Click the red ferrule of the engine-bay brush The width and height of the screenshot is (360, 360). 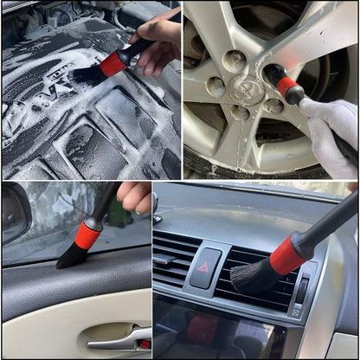[x=112, y=63]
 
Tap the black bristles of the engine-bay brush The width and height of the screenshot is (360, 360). [x=87, y=75]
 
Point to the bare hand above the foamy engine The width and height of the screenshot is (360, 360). [x=160, y=39]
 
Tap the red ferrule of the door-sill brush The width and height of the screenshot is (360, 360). [x=87, y=235]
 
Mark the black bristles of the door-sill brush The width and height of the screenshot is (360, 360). [x=71, y=256]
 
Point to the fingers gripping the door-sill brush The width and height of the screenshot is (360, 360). [x=135, y=197]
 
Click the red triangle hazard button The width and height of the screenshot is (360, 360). [x=205, y=267]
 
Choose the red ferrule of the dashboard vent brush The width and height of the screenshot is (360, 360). [x=288, y=254]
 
